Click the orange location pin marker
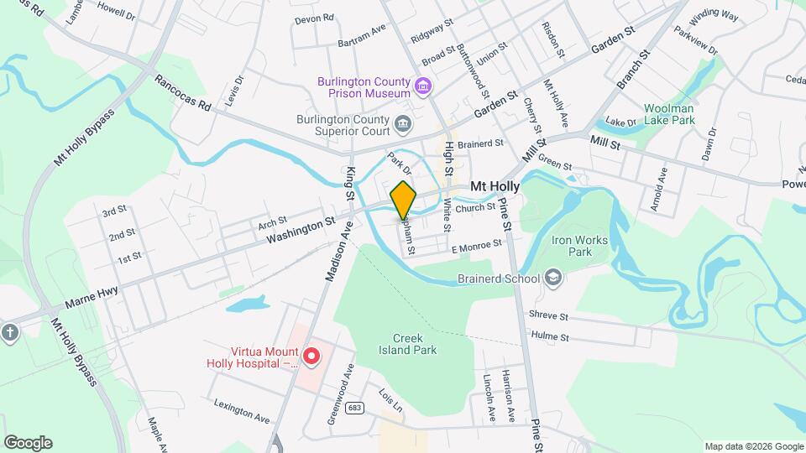(404, 199)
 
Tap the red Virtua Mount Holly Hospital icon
(311, 357)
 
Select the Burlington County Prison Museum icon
(423, 85)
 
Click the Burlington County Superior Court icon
(404, 124)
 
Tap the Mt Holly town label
(495, 186)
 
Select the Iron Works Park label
(578, 246)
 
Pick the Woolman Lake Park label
(669, 114)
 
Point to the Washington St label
(301, 227)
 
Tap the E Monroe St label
(476, 245)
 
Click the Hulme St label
(550, 337)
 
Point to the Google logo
(28, 443)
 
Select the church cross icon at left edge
(9, 332)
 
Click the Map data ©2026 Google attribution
(753, 446)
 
